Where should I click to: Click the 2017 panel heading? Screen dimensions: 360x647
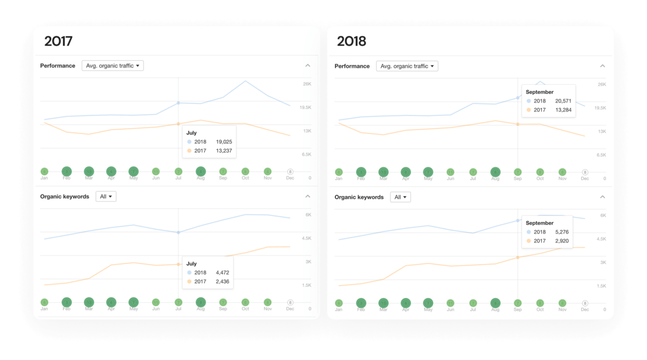58,41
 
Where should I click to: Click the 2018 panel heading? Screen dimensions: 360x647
352,41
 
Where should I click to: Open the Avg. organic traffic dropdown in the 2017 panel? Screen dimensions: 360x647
113,66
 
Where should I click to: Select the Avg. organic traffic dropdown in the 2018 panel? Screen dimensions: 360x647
407,66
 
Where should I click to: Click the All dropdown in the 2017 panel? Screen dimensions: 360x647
106,197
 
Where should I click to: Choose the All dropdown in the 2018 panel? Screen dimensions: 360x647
401,197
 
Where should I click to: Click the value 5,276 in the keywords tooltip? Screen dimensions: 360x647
561,232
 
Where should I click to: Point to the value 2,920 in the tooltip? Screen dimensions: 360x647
561,241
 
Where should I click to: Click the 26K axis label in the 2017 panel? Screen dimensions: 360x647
307,84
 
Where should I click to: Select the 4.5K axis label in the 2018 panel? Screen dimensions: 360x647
601,239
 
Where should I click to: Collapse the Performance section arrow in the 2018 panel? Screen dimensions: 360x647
602,66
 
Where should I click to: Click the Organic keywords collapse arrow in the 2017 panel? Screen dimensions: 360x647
308,197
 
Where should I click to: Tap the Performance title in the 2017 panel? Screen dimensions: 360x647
58,66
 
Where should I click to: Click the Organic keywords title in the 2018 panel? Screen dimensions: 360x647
359,197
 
